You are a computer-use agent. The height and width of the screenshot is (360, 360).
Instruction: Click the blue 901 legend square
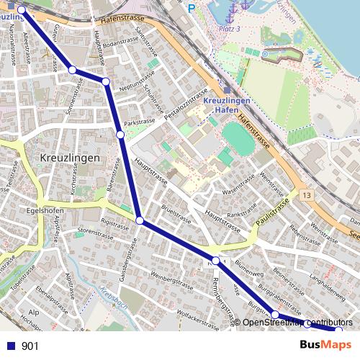tap(11, 346)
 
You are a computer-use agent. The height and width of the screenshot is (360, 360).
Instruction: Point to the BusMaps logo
tap(325, 346)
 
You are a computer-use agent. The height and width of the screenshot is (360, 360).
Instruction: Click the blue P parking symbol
tap(191, 8)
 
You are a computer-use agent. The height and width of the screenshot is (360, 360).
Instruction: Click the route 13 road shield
tap(307, 196)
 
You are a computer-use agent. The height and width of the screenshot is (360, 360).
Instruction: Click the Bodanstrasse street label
tap(118, 45)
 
